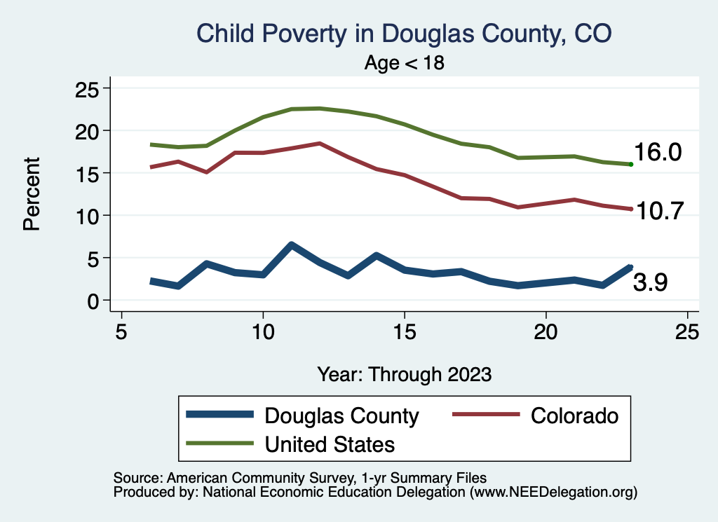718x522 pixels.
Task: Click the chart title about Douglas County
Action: [405, 34]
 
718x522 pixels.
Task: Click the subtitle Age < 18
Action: [405, 62]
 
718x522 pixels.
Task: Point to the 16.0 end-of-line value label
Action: [658, 153]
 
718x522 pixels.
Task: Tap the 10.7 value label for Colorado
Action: [659, 211]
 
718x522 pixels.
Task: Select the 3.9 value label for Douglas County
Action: [650, 282]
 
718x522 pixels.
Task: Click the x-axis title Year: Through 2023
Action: [404, 373]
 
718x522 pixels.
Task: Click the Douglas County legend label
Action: [341, 415]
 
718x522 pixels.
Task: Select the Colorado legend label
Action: [575, 415]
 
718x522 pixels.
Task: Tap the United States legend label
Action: [329, 444]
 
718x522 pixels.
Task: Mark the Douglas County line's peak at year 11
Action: [291, 245]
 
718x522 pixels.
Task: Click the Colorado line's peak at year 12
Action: [319, 143]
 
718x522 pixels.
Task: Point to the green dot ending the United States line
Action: [631, 164]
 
